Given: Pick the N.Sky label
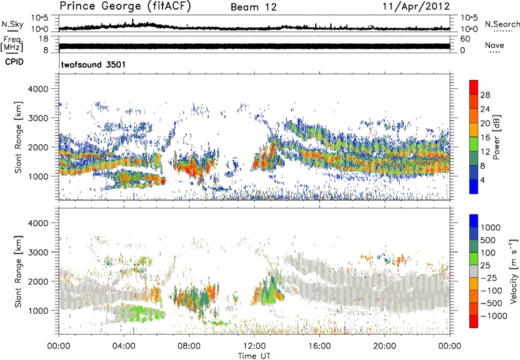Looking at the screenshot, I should [x=12, y=24].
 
